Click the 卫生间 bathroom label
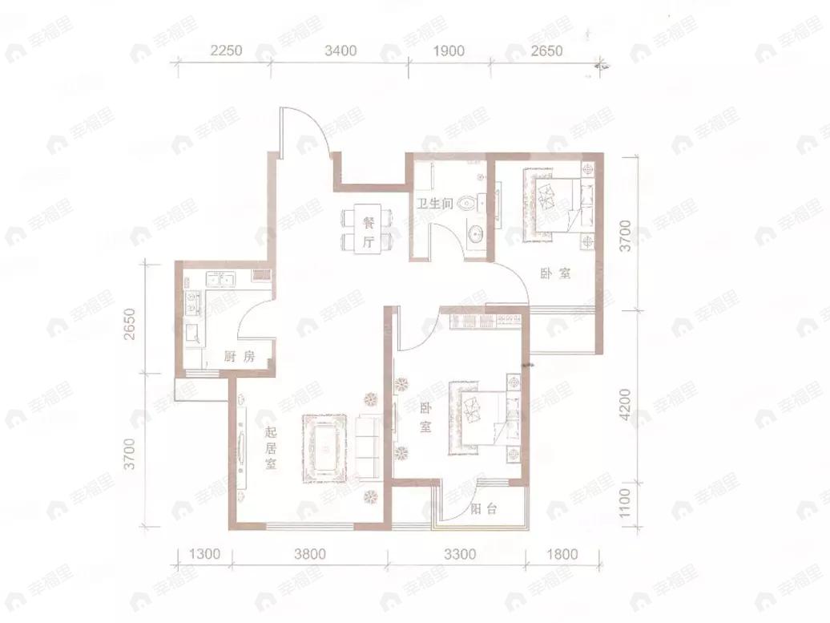[434, 204]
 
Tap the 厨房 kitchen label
[240, 356]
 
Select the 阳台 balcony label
[484, 510]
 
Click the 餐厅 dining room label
[369, 233]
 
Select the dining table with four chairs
[369, 228]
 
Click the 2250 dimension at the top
[226, 51]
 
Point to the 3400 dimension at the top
[340, 51]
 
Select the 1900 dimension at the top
[449, 51]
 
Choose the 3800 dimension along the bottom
[310, 555]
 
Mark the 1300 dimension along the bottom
[204, 555]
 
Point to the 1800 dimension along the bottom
[562, 555]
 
